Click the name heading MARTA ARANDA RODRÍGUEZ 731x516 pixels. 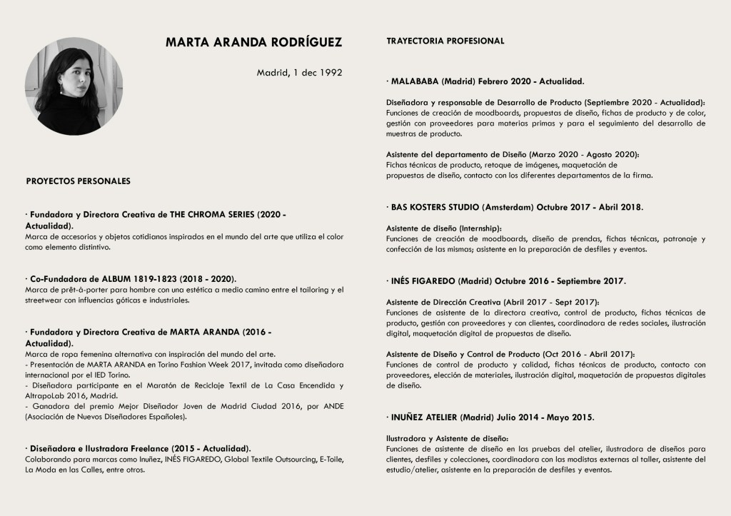click(253, 42)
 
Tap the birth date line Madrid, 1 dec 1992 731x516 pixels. click(299, 72)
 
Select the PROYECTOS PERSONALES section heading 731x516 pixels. click(78, 181)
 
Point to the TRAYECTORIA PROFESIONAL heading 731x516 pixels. click(445, 41)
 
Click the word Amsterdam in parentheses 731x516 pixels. click(506, 207)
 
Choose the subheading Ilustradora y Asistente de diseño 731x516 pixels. click(447, 437)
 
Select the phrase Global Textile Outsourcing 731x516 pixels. click(236, 460)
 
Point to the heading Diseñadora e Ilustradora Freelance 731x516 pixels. click(109, 447)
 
